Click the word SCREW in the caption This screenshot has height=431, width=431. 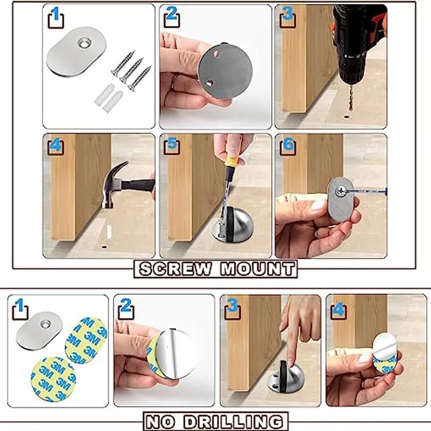click(x=176, y=269)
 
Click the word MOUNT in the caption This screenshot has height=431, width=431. click(x=258, y=269)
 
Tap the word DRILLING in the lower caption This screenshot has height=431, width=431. click(x=233, y=421)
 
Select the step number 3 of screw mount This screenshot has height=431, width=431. click(x=287, y=14)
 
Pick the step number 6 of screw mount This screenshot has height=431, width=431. click(x=288, y=144)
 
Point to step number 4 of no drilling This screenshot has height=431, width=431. click(x=338, y=310)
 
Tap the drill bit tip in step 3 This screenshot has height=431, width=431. click(x=351, y=109)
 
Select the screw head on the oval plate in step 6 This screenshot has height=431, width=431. click(x=341, y=191)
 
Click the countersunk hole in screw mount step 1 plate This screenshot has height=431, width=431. click(x=85, y=43)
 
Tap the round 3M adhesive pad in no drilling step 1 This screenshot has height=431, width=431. click(x=53, y=379)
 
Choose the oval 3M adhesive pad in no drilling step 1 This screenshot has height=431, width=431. click(x=86, y=340)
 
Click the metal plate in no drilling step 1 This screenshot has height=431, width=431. click(x=39, y=330)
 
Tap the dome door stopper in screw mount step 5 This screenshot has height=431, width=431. click(x=232, y=225)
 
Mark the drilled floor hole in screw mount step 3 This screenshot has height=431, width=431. click(x=346, y=117)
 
